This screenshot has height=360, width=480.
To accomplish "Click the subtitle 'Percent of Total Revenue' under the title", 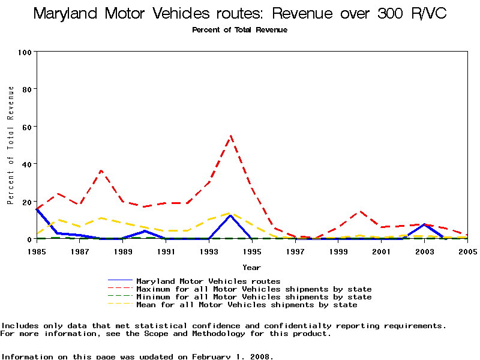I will pos(240,30).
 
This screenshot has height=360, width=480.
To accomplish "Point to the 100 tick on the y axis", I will pos(25,52).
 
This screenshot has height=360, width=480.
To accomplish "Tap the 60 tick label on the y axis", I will pos(26,127).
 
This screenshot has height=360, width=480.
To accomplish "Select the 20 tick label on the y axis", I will pos(26,202).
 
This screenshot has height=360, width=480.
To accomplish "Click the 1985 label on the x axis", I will pos(36,251).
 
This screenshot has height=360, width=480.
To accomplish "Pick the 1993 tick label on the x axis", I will pos(208,251).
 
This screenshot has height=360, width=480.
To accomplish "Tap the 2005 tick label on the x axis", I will pos(467,251).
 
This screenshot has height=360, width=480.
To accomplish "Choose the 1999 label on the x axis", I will pos(338,251).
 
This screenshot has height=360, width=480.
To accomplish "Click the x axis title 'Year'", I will pos(251,267).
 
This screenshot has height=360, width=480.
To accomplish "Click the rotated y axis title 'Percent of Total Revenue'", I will pos(11,145).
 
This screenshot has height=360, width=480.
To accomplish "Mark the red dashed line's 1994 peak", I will pos(230,136).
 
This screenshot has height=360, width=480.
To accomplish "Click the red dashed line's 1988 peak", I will pos(101,170).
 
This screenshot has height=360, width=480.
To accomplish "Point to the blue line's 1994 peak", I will pos(230,215).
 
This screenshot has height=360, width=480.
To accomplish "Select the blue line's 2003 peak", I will pos(424,224).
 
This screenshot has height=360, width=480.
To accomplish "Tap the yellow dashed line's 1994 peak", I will pos(230,212).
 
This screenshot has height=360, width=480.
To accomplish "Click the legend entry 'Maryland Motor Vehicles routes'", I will pos(208,281).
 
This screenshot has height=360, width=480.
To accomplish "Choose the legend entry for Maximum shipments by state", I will pos(254,289).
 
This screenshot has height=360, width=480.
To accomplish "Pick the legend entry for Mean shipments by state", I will pos(247,305).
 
